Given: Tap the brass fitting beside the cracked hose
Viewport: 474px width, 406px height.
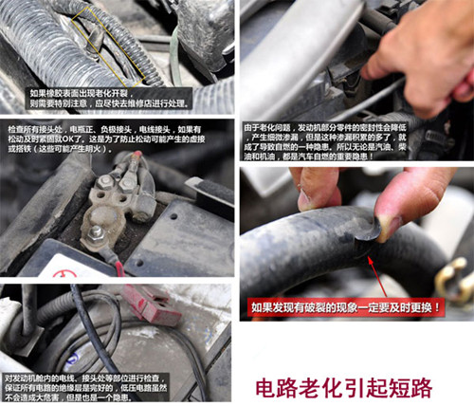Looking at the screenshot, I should point(452,278).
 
